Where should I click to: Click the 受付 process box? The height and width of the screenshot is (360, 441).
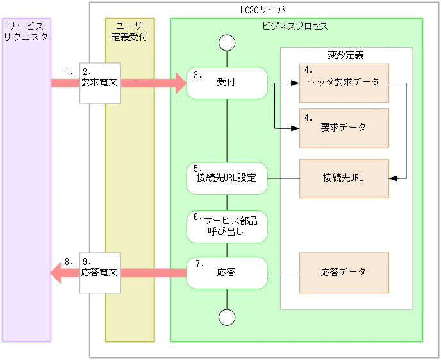(x=227, y=83)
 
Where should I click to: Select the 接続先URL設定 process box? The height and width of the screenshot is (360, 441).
(x=227, y=178)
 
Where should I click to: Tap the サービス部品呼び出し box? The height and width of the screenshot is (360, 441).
(x=227, y=226)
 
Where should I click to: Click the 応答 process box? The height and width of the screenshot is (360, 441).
(x=227, y=272)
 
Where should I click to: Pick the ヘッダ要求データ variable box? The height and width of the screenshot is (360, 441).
(x=344, y=83)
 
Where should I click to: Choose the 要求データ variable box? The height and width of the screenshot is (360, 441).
(x=344, y=128)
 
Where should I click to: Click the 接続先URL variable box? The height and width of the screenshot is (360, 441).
(x=344, y=178)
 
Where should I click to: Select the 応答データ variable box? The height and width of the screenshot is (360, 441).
(x=344, y=272)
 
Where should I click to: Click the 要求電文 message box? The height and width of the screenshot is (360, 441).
(x=99, y=83)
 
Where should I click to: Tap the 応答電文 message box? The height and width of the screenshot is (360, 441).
(x=99, y=272)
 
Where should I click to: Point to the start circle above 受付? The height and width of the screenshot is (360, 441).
(x=227, y=43)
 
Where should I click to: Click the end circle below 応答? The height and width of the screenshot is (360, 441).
(x=227, y=317)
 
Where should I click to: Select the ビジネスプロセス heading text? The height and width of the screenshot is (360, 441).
(x=295, y=26)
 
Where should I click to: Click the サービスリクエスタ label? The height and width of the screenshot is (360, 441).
(x=26, y=31)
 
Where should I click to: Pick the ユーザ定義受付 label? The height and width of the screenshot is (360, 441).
(x=129, y=31)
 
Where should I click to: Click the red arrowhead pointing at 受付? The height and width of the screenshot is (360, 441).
(x=178, y=83)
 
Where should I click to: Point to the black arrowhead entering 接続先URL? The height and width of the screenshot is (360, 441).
(x=394, y=178)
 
